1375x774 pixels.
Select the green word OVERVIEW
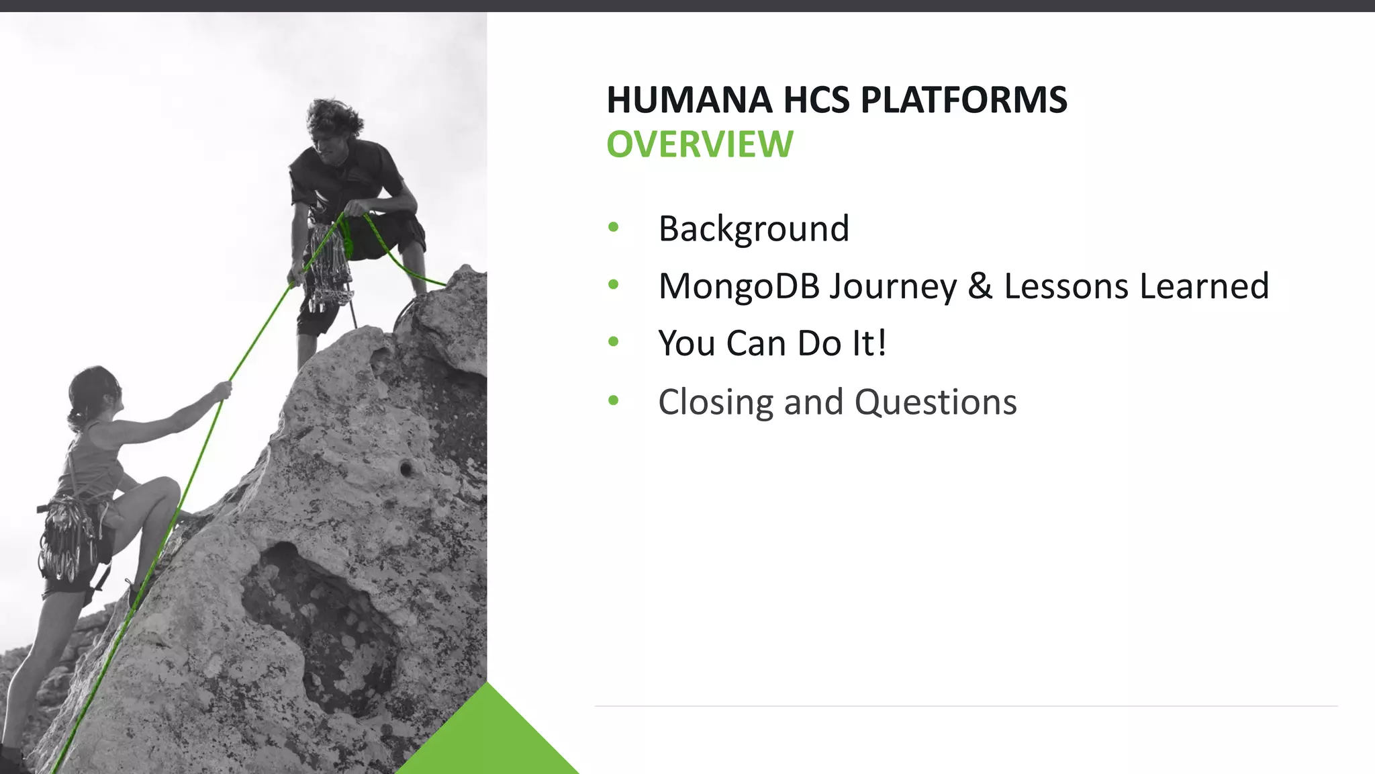pos(700,144)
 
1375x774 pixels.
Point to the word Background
pos(753,228)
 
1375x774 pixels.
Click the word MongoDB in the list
pos(739,286)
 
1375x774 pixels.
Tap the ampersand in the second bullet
pos(980,286)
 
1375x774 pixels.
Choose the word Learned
pos(1204,286)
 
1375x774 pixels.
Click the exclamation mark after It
pos(882,343)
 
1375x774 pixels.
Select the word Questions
pos(935,402)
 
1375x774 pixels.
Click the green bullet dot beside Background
pos(613,228)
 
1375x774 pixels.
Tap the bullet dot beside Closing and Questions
pos(613,401)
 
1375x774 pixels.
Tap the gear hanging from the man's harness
pos(329,269)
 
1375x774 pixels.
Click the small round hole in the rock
pos(405,468)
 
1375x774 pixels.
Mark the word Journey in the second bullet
pos(892,286)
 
